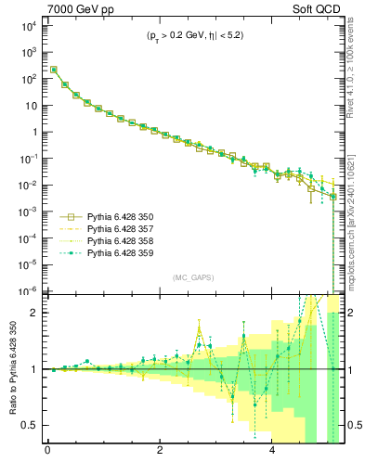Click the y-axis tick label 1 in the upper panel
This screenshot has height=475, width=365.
35,132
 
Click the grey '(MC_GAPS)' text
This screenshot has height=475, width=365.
190,277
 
